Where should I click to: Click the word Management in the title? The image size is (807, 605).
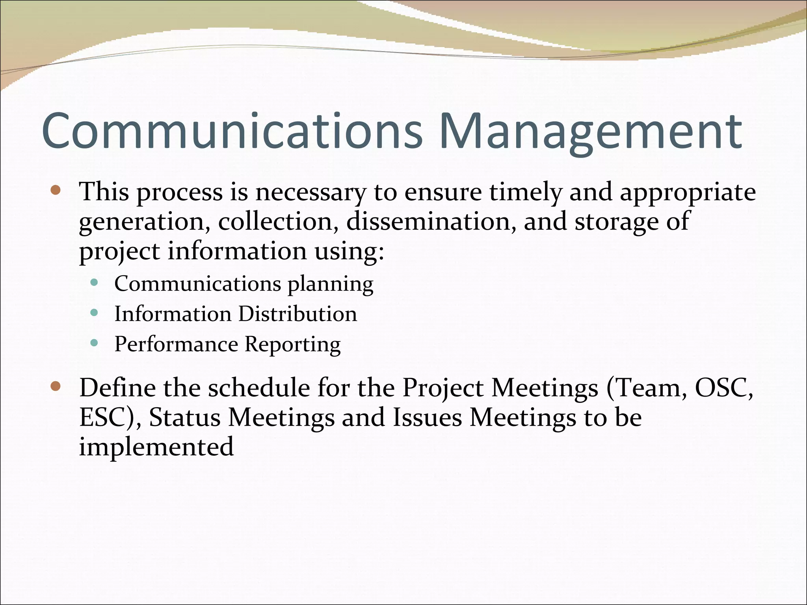(590, 131)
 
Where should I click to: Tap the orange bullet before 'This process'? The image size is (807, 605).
(56, 191)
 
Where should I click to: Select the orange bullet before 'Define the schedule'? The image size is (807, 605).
(56, 386)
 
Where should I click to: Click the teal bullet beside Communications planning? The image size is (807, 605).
(94, 282)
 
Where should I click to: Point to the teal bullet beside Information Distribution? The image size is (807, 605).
(94, 313)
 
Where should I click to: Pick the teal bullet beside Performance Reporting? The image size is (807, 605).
(94, 343)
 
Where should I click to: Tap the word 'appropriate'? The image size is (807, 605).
(688, 193)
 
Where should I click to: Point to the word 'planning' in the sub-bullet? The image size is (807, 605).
(330, 284)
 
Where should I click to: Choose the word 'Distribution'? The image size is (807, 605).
(298, 314)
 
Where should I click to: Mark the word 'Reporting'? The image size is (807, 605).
(292, 345)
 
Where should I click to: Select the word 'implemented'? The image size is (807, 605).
(156, 447)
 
